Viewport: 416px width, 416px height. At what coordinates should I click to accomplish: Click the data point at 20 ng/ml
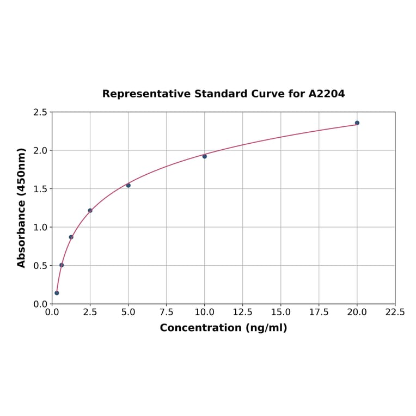coord(357,123)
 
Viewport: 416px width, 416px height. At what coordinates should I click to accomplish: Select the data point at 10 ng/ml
coord(205,156)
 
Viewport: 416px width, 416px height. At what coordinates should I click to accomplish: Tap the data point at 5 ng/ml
coord(129,185)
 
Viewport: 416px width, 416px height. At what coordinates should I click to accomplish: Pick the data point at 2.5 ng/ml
coord(90,210)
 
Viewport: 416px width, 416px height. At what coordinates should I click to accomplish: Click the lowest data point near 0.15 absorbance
coord(57,293)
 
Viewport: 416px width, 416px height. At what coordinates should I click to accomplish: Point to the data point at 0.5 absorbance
coord(62,265)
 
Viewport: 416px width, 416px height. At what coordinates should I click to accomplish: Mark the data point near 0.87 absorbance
coord(71,237)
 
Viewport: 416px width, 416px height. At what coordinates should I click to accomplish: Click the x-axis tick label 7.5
coord(167,313)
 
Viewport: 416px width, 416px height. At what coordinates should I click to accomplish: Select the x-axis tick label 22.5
coord(395,313)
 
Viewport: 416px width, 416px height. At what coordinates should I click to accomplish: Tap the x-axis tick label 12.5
coord(243,313)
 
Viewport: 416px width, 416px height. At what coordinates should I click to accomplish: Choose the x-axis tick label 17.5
coord(319,313)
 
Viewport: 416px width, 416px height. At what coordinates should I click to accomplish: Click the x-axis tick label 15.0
coord(281,313)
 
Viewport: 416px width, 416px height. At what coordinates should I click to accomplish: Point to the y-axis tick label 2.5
coord(40,112)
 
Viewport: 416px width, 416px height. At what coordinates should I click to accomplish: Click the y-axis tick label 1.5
coord(40,189)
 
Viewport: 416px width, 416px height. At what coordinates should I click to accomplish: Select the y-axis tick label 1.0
coord(40,227)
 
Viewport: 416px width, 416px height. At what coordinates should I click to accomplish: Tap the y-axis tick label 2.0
coord(40,150)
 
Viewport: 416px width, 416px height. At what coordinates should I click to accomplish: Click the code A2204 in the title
coord(326,94)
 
